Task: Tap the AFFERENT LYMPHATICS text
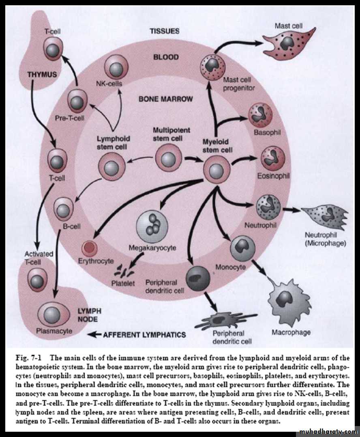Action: coord(144,335)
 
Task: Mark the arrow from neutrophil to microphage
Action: coord(291,210)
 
